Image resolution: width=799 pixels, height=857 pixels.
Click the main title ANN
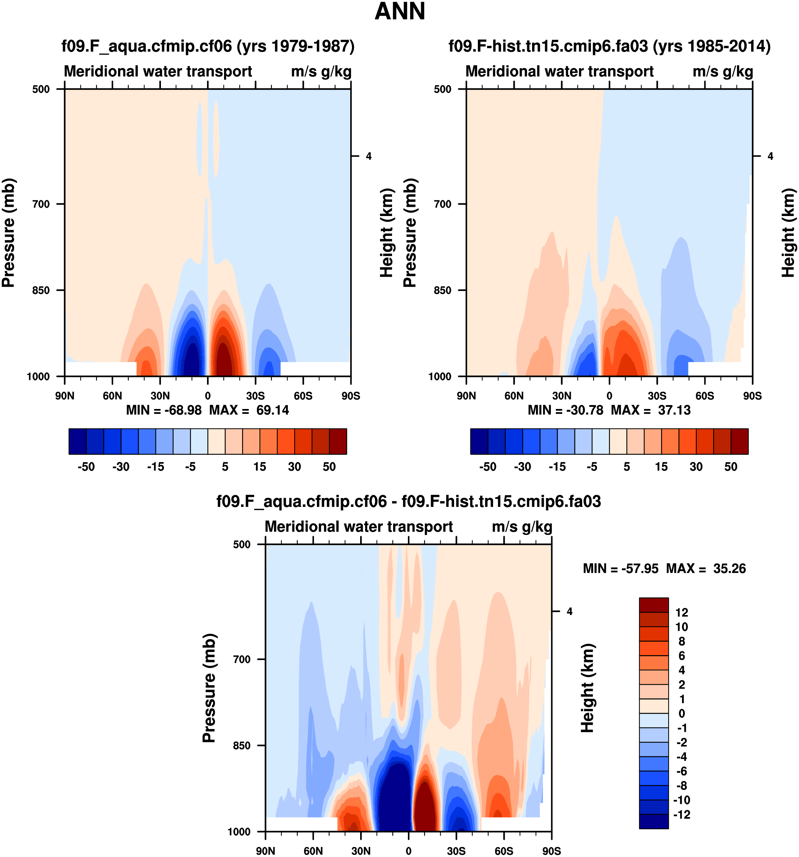[400, 12]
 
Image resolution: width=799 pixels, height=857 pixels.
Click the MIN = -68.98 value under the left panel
[164, 410]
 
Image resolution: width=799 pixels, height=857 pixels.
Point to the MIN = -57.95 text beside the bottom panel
[620, 569]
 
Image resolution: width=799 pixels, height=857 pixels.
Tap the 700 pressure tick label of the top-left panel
[41, 204]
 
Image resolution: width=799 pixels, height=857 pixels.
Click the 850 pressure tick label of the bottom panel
[242, 745]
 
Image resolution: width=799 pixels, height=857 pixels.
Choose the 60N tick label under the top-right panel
[514, 396]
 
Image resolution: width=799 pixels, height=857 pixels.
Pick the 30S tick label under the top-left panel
[256, 396]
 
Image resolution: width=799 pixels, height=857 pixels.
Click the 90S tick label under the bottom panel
[551, 851]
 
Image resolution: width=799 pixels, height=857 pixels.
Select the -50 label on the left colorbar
[86, 467]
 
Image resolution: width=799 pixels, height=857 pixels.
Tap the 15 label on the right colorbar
[661, 467]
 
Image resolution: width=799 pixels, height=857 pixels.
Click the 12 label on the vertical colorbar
[682, 613]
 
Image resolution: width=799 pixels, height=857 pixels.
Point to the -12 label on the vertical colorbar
[681, 815]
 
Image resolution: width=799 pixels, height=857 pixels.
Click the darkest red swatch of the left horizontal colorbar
[338, 441]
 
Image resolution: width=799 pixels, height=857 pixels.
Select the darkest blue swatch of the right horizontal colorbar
[479, 441]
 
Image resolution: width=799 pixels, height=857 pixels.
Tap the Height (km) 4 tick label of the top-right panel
[771, 156]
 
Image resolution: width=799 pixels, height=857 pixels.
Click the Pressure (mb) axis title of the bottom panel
[209, 688]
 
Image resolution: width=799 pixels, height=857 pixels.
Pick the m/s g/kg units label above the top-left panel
[321, 72]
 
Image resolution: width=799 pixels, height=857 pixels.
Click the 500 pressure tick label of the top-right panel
[442, 89]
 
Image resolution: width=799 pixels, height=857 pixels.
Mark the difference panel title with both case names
[408, 501]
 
